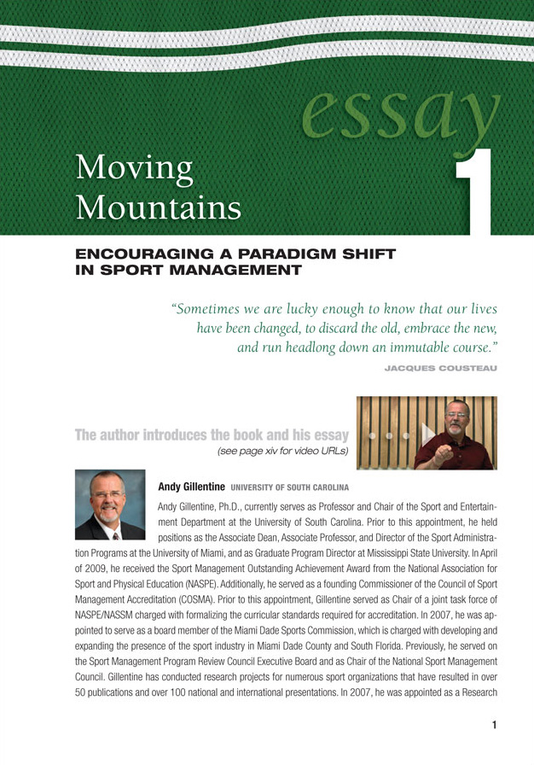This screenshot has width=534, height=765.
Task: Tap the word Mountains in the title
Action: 157,205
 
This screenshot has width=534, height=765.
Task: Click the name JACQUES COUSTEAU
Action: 441,368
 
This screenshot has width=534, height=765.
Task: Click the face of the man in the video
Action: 456,421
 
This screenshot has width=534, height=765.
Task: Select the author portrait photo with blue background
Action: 109,505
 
